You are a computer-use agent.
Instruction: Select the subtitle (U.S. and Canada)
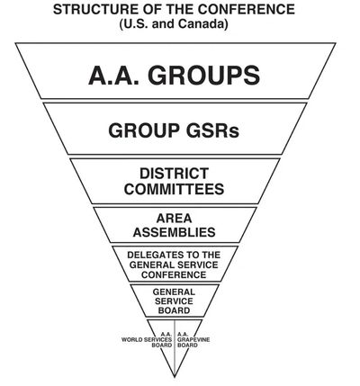[x=174, y=24]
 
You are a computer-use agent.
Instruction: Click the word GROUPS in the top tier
[x=203, y=75]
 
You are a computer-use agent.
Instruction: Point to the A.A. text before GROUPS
[x=114, y=75]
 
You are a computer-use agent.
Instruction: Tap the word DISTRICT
[x=174, y=174]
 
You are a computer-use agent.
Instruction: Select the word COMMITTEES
[x=174, y=189]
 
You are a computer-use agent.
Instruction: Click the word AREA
[x=174, y=219]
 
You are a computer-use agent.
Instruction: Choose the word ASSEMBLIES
[x=174, y=232]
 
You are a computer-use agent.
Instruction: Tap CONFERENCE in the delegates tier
[x=174, y=274]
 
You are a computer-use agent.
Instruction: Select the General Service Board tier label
[x=174, y=301]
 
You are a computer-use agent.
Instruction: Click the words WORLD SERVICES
[x=147, y=340]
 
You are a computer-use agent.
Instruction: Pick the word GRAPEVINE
[x=193, y=340]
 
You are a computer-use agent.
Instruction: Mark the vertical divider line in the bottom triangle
[x=175, y=348]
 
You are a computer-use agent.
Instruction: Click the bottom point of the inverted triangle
[x=175, y=377]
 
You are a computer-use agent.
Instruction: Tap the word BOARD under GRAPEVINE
[x=187, y=346]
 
